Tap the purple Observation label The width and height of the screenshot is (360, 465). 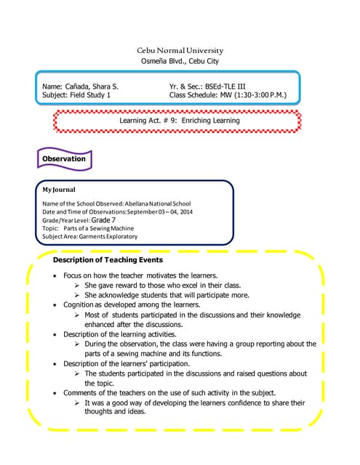pos(64,158)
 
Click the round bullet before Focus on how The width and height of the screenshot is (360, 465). pos(57,276)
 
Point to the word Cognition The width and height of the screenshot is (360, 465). pos(79,305)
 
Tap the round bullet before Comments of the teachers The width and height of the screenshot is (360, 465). pos(57,392)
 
